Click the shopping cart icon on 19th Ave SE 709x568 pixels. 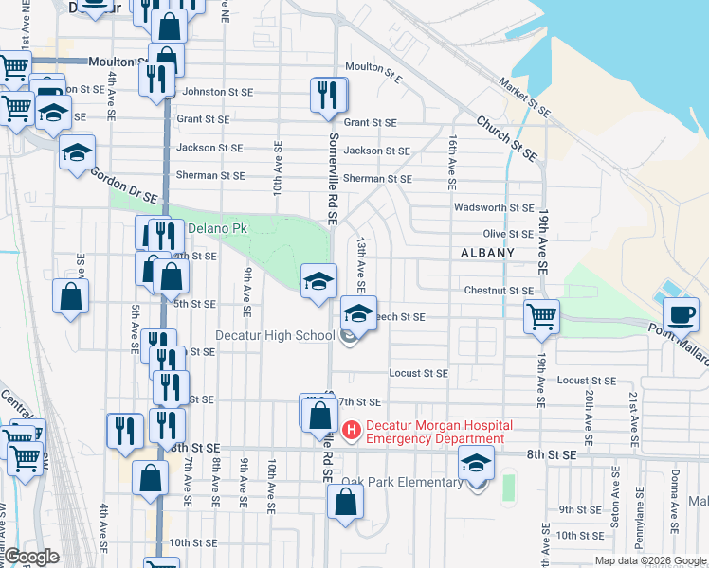(541, 316)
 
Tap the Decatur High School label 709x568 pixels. (275, 335)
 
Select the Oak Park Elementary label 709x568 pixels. (402, 482)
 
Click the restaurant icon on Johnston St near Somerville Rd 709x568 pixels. (327, 95)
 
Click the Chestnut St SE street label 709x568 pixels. (499, 291)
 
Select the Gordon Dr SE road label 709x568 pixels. (123, 185)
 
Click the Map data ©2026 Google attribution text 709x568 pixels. (650, 560)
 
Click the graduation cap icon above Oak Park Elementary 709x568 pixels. (476, 464)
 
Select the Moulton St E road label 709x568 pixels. (374, 66)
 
